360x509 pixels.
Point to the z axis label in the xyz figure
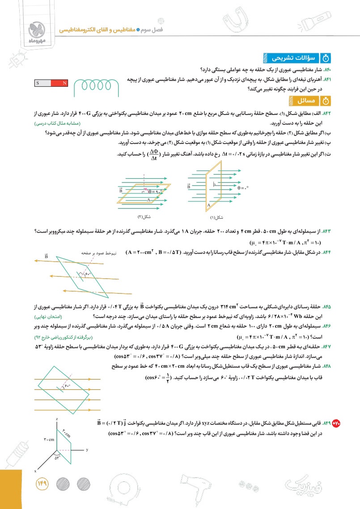57,419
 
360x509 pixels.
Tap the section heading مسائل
306,102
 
